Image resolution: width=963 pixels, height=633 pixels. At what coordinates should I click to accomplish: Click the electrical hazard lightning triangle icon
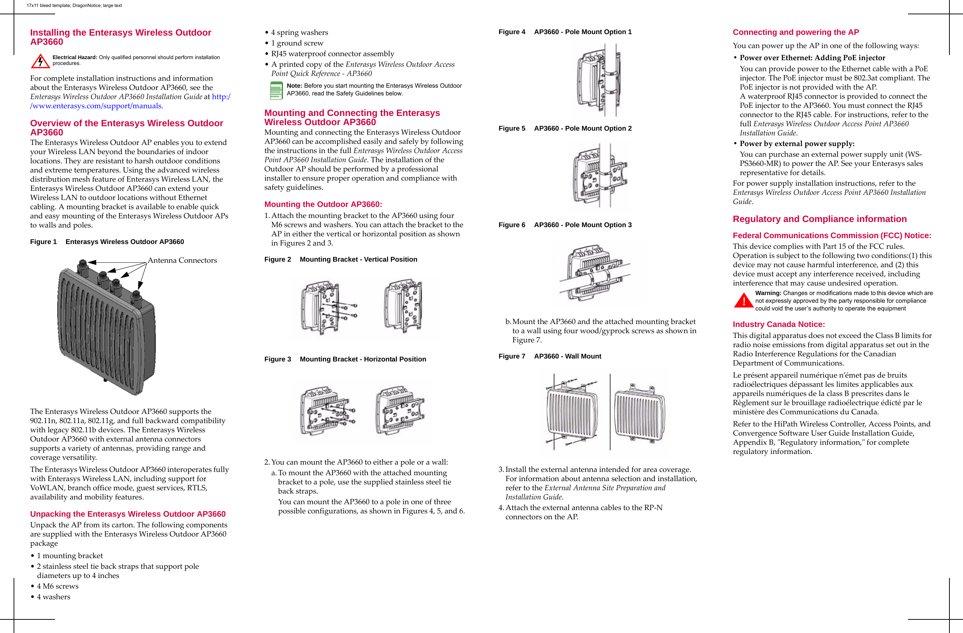click(40, 61)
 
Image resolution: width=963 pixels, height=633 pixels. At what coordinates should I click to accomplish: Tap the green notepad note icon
click(276, 90)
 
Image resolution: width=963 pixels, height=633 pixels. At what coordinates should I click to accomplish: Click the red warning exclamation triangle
click(743, 300)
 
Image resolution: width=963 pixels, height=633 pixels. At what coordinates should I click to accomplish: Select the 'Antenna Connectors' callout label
click(182, 260)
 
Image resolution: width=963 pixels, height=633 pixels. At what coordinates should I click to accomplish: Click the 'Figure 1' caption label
click(43, 241)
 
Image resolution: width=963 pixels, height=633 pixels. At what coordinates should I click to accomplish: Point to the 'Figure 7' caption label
click(511, 356)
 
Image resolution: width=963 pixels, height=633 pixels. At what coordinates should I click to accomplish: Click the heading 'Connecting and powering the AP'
click(795, 32)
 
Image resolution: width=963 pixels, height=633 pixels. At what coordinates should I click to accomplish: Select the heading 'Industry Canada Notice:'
click(778, 324)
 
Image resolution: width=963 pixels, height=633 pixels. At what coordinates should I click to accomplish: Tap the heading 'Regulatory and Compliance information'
click(819, 219)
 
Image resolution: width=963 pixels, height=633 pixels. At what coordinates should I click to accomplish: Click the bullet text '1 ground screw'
click(297, 43)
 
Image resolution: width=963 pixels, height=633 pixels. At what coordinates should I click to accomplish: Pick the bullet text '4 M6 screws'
click(58, 586)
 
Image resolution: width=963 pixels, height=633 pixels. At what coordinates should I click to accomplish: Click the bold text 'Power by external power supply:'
click(797, 144)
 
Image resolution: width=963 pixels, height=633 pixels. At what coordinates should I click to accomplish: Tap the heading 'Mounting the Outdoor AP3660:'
click(323, 204)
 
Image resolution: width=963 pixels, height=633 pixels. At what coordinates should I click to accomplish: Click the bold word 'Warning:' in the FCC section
click(768, 293)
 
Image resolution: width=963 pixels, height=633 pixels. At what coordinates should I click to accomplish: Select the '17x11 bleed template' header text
click(74, 5)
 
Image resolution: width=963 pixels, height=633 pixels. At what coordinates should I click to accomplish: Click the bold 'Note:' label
click(294, 86)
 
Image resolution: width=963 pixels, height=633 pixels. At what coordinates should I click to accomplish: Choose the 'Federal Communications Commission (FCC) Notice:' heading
click(832, 236)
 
